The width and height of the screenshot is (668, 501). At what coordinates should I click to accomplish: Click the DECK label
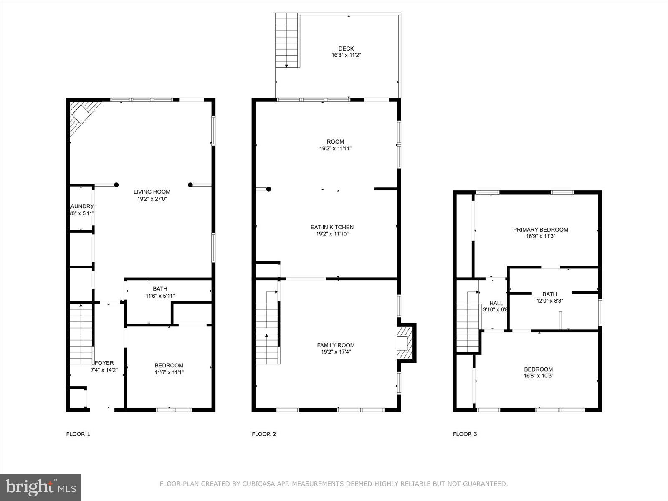tap(346, 48)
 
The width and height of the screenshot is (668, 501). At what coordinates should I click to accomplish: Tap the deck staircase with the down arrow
tap(286, 40)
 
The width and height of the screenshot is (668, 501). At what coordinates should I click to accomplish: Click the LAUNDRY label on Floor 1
tap(82, 206)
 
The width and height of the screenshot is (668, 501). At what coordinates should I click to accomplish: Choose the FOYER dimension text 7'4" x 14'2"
tap(104, 370)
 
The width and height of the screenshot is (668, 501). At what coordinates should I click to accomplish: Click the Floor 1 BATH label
tap(160, 288)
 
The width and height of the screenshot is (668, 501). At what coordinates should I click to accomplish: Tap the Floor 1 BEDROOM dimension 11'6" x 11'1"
tap(169, 372)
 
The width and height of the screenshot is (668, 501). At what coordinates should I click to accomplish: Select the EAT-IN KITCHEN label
tap(332, 227)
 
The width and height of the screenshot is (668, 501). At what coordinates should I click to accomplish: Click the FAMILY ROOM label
tap(336, 345)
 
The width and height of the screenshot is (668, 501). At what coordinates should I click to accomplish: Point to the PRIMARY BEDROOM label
tap(540, 230)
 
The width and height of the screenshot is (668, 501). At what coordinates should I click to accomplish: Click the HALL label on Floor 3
tap(496, 303)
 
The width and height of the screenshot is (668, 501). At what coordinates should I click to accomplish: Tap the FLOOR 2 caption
tap(264, 434)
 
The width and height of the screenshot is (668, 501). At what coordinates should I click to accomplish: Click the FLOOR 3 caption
tap(465, 434)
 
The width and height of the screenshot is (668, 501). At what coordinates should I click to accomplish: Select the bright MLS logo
tap(41, 487)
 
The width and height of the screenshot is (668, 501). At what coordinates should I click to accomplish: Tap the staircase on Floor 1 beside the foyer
tap(81, 334)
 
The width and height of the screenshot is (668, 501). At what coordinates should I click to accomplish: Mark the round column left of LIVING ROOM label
tap(116, 185)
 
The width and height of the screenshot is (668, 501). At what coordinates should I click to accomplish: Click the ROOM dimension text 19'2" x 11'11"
tap(335, 148)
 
